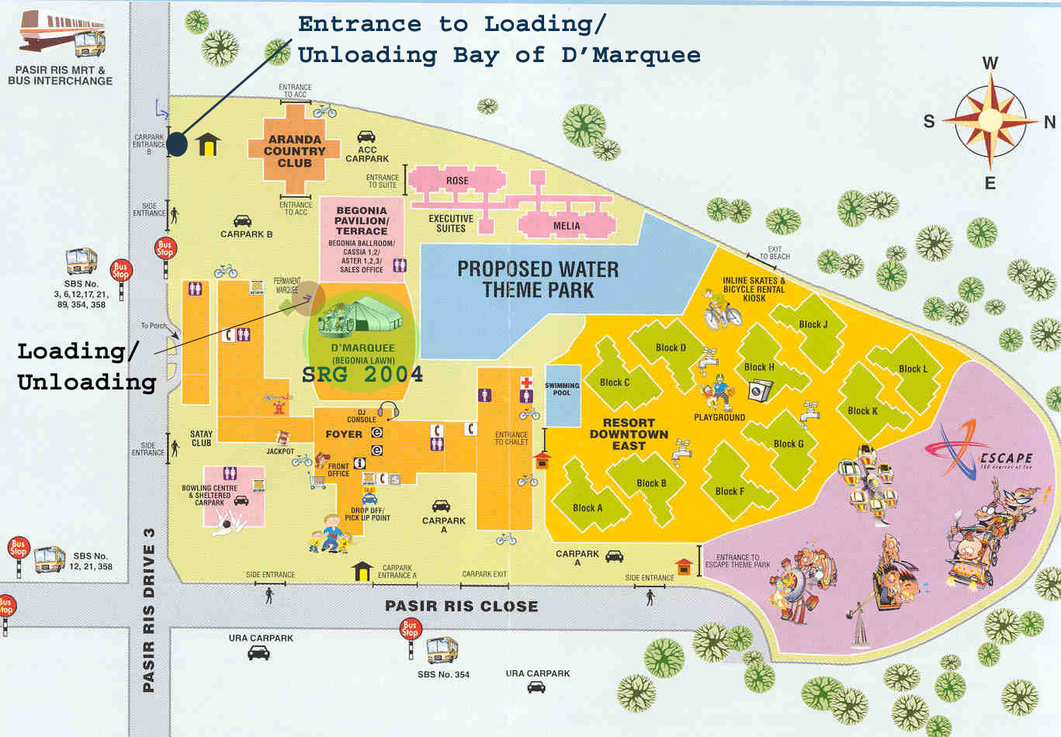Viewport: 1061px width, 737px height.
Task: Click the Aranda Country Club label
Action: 294,151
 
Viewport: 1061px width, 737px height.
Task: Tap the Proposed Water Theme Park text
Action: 538,280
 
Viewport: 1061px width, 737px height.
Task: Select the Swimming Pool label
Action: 562,389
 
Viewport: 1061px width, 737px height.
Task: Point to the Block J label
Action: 813,324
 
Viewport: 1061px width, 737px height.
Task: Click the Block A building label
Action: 588,508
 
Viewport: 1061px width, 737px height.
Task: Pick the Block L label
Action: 913,368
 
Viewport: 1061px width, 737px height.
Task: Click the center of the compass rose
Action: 990,120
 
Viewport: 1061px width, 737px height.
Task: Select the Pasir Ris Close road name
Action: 461,606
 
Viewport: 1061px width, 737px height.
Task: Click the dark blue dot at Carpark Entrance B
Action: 177,144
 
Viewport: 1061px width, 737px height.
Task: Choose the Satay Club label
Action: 201,438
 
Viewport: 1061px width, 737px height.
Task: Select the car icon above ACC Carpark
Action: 366,137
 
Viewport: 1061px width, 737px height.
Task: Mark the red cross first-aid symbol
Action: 527,382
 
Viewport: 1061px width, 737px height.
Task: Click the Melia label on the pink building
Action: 567,226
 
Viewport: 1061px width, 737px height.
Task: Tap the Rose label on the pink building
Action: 457,181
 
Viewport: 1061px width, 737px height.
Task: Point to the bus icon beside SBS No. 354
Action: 442,649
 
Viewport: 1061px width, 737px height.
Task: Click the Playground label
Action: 719,417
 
